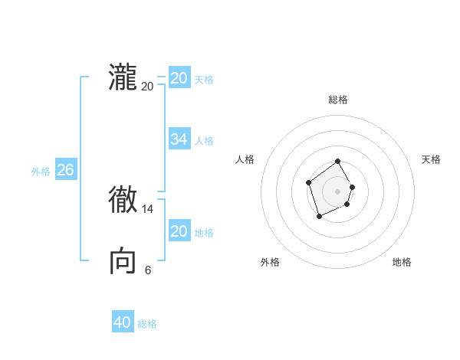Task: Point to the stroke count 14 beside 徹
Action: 148,208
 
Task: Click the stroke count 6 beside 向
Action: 148,270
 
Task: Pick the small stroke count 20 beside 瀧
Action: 148,87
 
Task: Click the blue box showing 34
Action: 179,139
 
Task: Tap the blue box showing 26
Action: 65,170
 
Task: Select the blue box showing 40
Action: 123,322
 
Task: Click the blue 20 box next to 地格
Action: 179,231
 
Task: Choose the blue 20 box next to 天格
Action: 179,78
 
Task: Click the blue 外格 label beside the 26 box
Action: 41,172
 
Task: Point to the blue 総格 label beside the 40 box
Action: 147,324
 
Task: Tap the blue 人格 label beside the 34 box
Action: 204,141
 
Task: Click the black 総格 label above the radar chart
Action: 338,100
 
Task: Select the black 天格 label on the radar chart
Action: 432,159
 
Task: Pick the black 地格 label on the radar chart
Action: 402,262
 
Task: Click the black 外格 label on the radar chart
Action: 270,262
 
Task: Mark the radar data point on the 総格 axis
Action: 338,162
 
